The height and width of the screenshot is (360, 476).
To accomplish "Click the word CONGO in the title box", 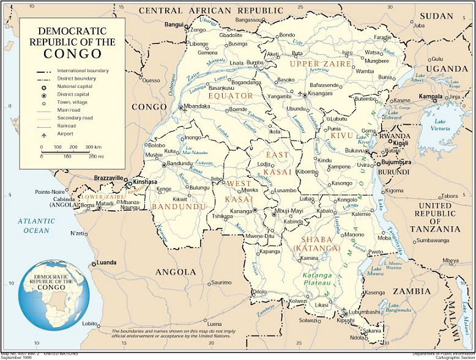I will tap(72, 54).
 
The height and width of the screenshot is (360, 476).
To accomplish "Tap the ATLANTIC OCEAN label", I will tap(36, 226).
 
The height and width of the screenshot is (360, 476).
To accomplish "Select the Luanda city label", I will tap(106, 263).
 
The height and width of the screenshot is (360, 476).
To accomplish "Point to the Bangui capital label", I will tap(174, 24).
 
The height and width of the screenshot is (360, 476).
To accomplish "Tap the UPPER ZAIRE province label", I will tap(321, 64).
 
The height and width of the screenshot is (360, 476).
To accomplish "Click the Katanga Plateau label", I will tap(317, 279).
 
